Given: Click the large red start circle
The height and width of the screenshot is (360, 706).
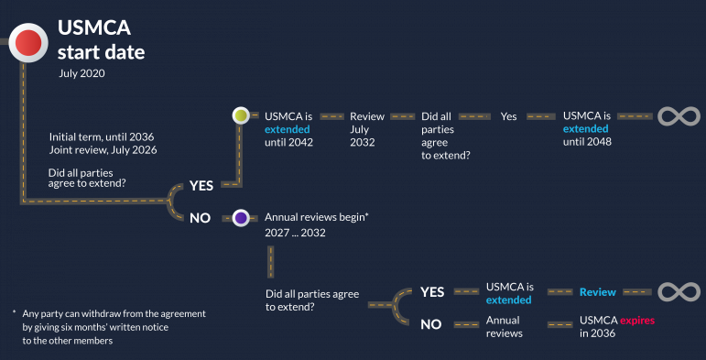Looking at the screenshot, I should click(x=27, y=41).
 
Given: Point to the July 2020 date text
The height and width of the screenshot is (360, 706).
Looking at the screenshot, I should click(x=81, y=72).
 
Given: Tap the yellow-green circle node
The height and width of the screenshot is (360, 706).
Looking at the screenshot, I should click(x=241, y=116).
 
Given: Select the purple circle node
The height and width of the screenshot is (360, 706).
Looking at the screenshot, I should click(x=241, y=218).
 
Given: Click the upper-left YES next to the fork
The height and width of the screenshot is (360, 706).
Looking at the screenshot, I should click(x=201, y=185).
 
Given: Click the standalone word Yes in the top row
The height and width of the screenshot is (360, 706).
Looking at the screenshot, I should click(x=509, y=117).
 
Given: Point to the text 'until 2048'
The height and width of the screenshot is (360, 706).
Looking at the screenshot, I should click(x=587, y=142).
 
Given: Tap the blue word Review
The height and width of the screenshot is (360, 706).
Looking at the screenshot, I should click(x=597, y=292).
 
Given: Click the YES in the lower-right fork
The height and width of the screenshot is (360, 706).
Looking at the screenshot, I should click(x=432, y=292).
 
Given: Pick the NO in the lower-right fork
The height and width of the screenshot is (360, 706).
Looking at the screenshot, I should click(x=431, y=323).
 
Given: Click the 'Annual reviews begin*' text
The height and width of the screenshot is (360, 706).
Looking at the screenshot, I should click(x=316, y=218).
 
